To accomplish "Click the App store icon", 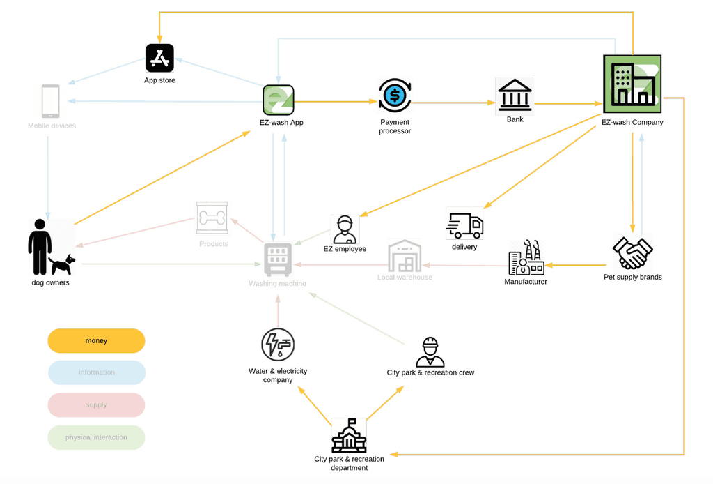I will coord(159,58).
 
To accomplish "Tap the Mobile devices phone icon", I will coord(51,102).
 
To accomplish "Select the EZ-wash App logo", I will coord(278,100).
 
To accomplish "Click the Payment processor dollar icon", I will coord(395,96).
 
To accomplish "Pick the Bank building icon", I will coord(515,96).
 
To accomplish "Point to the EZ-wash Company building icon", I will coord(632,84).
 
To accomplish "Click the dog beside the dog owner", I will coord(63,264).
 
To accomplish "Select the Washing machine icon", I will coord(278,260).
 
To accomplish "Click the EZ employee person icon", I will coord(345,229).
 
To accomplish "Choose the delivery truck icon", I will coord(464,225).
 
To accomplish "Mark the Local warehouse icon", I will coord(405,256).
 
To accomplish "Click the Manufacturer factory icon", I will coord(526,259).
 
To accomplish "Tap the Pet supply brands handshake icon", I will coord(632,253).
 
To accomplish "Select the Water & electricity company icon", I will coord(278,345).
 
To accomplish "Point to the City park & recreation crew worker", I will coord(430,352).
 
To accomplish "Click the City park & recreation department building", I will coord(349,437).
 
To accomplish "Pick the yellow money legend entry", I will coord(96,341).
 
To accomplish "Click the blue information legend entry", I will coord(96,372).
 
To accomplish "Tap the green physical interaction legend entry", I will coord(96,437).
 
